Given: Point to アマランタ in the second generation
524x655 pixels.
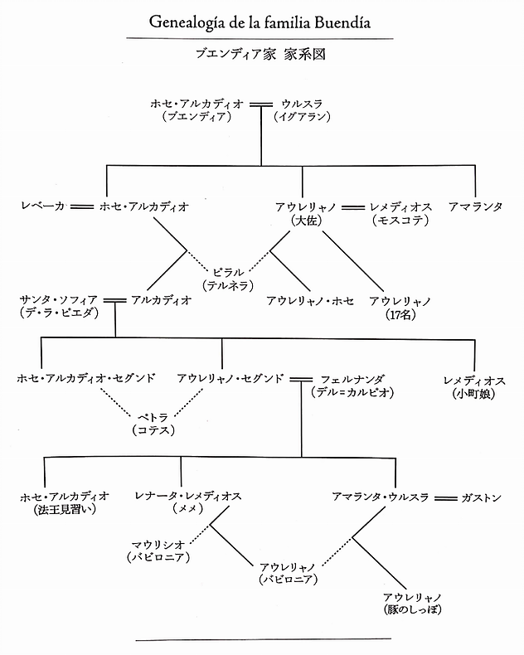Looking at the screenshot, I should pos(475,206).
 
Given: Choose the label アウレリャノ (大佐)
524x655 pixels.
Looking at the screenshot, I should pos(302,212).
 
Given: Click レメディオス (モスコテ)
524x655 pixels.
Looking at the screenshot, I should pos(400,212).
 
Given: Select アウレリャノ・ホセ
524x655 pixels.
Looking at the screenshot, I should pos(310,301).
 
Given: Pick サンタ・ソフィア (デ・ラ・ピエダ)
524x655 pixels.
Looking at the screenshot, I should pos(57,307).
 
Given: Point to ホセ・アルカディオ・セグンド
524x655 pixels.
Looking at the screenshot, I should pos(85,378).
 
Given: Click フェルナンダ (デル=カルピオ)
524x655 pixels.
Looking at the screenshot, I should pos(349,385).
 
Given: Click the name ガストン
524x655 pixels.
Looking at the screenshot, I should pos(481,497).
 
